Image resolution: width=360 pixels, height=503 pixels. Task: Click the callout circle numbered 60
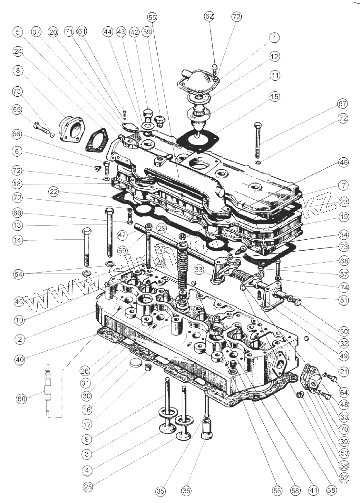coord(21,399)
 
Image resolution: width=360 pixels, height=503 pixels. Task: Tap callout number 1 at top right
coord(274,38)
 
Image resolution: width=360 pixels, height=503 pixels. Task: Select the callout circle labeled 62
coord(209,16)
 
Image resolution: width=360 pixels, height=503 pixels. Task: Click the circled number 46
coord(343,163)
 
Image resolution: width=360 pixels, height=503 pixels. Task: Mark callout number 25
coord(88,487)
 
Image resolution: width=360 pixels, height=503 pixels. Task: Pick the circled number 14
coord(18,240)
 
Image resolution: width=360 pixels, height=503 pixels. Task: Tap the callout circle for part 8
coord(18,71)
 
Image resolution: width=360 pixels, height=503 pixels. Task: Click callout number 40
coord(20,360)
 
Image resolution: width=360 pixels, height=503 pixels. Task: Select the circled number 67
coord(342,104)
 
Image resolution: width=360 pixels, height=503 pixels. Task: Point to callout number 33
coord(199,269)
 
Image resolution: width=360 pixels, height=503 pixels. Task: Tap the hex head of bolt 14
coord(86,231)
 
